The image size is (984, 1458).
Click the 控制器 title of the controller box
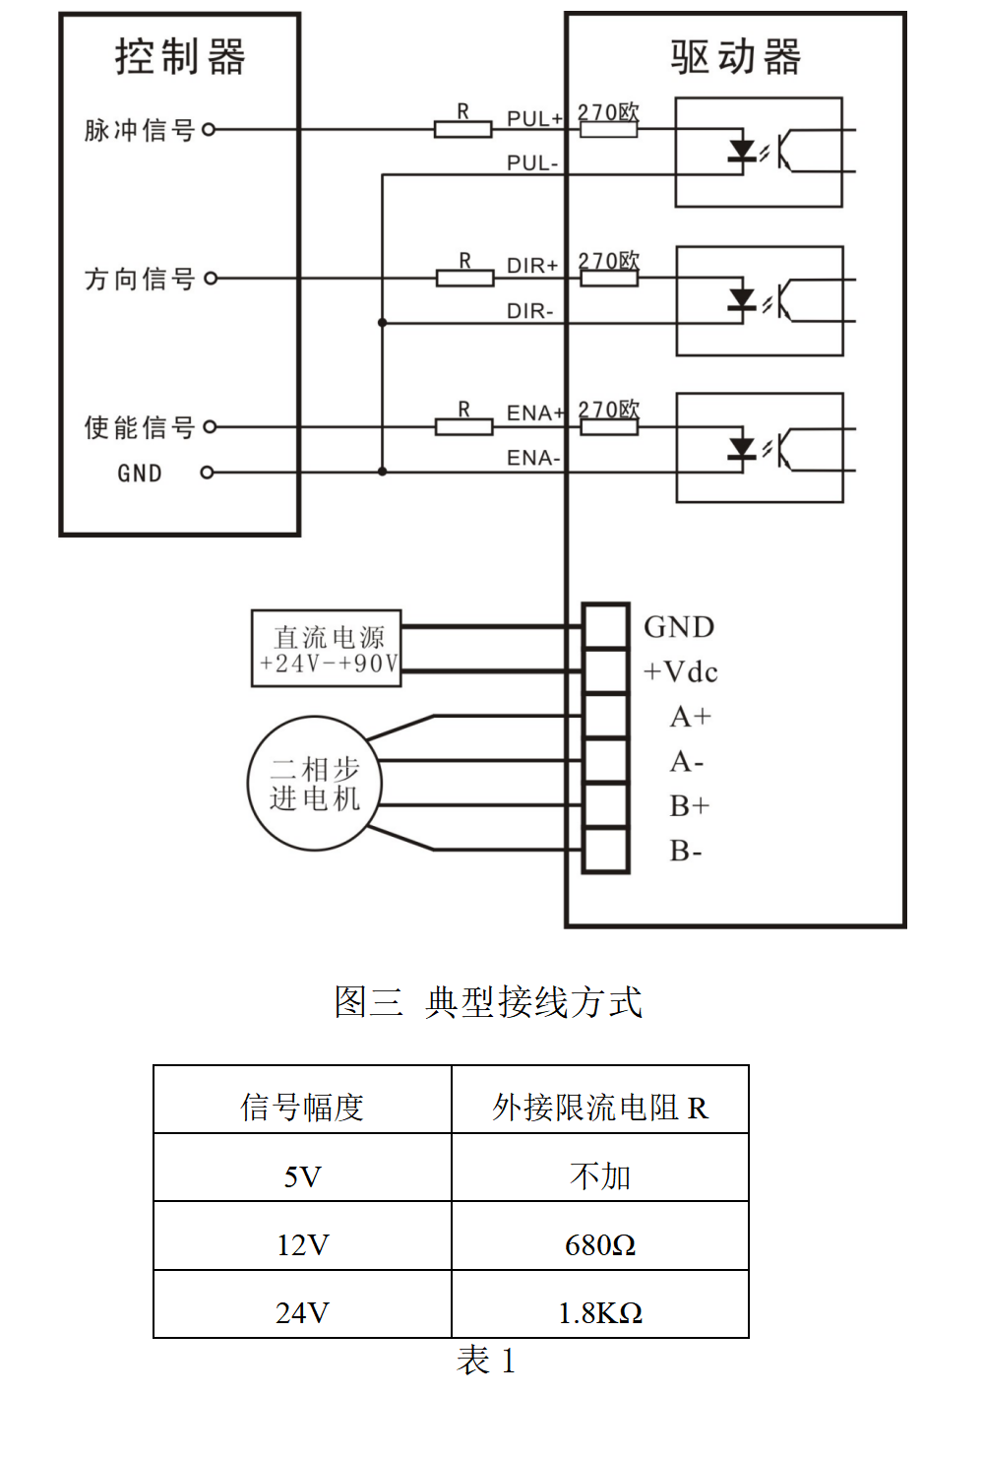[180, 56]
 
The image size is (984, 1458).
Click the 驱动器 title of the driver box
[736, 57]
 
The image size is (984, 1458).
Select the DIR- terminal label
[530, 311]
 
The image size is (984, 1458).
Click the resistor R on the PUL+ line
[462, 129]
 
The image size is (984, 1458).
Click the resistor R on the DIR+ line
[464, 279]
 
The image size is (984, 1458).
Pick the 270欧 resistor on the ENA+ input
[609, 426]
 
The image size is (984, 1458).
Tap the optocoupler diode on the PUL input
[742, 152]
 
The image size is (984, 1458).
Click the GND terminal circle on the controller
[207, 473]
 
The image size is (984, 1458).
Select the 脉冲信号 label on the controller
[140, 130]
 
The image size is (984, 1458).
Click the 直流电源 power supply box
[327, 649]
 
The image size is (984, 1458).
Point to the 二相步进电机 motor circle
[314, 784]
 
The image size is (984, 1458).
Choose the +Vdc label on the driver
[681, 672]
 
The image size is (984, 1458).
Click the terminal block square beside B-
[605, 851]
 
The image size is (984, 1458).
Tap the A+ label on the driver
[690, 717]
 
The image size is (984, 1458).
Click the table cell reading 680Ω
[599, 1245]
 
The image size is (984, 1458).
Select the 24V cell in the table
[302, 1313]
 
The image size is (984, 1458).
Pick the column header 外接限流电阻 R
[599, 1108]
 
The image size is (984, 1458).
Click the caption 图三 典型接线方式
[488, 1002]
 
